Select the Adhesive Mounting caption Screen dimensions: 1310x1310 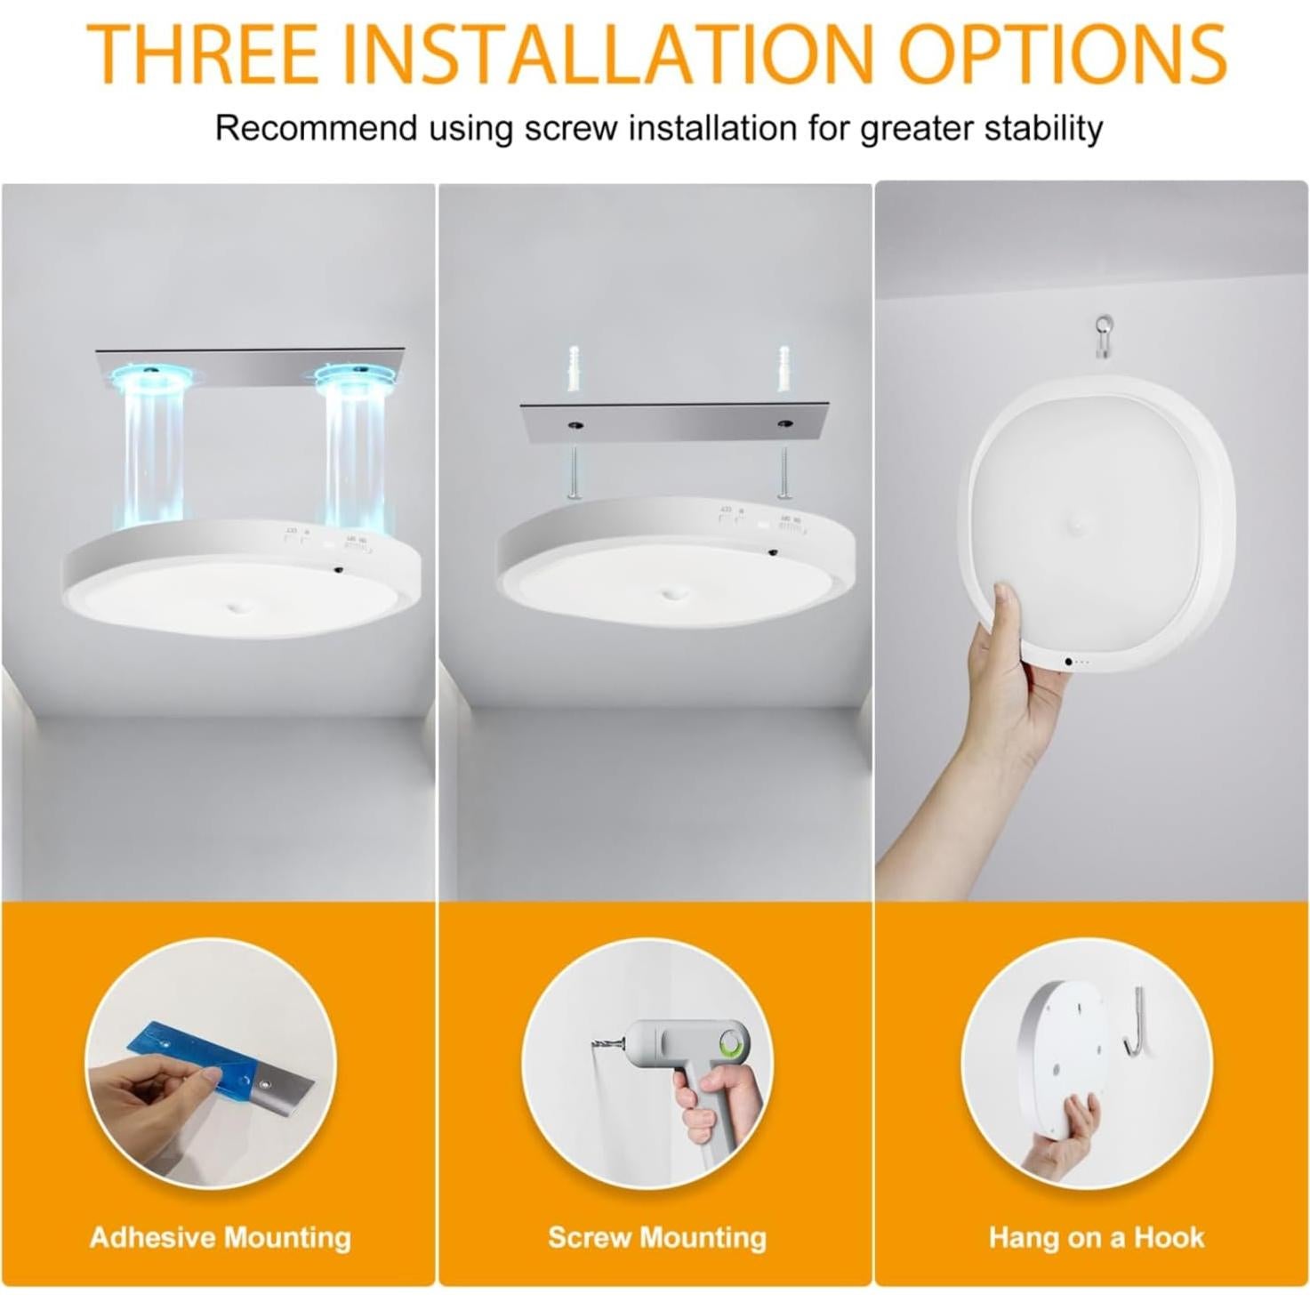pos(220,1237)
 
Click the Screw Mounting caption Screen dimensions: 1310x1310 pos(656,1237)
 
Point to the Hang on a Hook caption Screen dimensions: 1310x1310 pos(1096,1237)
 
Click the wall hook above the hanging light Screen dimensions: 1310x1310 pos(1104,335)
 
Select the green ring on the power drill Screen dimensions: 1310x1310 pos(732,1042)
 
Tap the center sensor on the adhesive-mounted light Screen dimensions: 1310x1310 pos(238,607)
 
